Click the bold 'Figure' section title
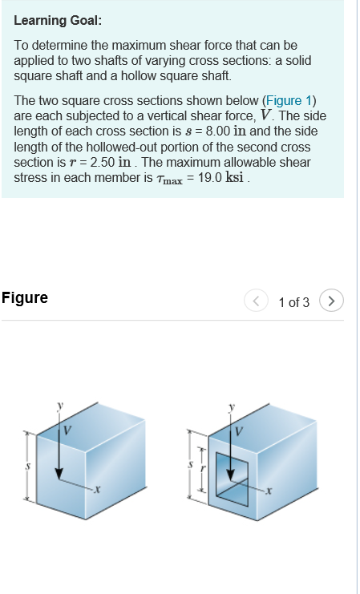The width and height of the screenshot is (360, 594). [25, 298]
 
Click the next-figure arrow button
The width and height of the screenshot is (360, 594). [331, 301]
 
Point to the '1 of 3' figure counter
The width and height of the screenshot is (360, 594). [293, 302]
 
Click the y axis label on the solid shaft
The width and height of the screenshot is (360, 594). [59, 406]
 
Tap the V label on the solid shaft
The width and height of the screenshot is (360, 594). [67, 430]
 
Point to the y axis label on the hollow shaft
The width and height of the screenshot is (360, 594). [233, 407]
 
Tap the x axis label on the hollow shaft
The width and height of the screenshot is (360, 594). [270, 489]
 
